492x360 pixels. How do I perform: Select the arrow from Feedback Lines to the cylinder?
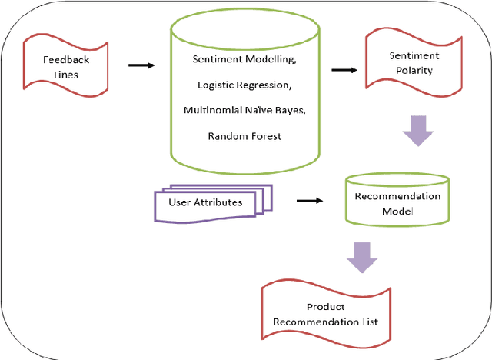[x=141, y=65]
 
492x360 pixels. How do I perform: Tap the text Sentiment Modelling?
[x=244, y=59]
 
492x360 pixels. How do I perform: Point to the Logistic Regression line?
[x=244, y=85]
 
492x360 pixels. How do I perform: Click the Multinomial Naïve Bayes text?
[x=244, y=110]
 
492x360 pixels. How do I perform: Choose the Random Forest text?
[x=244, y=136]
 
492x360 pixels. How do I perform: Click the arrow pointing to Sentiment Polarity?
[x=343, y=71]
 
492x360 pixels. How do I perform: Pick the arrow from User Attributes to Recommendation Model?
[x=308, y=202]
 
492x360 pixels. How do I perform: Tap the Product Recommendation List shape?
[x=322, y=314]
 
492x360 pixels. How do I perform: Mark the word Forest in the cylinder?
[x=265, y=136]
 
